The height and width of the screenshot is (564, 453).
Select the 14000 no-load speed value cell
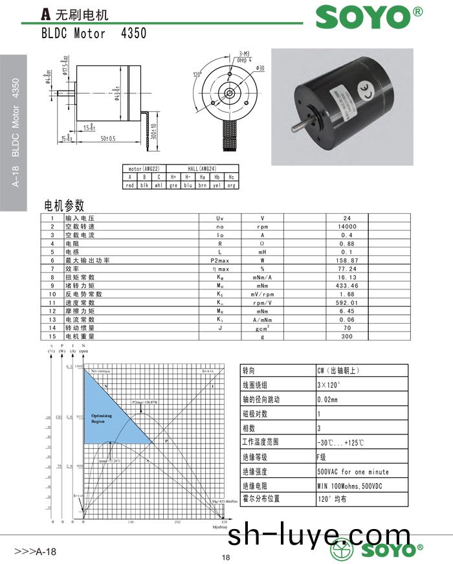348,227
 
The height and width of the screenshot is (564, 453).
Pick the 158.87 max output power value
348,260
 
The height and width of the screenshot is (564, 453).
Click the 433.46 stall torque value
348,285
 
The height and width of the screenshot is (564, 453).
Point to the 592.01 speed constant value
348,302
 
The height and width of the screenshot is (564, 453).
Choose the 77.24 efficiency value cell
348,268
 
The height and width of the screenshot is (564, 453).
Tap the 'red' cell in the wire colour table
129,185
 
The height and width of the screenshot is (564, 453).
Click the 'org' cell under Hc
231,185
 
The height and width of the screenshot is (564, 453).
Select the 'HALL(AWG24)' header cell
202,168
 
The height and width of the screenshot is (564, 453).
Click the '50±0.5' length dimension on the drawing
107,139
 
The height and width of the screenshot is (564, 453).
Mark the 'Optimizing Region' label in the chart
102,418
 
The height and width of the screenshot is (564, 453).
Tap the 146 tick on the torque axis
131,521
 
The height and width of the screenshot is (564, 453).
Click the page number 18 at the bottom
226,558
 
